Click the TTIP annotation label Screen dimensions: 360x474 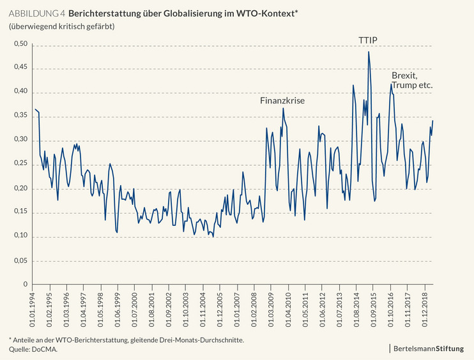pos(367,41)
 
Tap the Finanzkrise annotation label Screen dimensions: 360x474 pos(282,101)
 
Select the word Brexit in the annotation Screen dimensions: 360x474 pos(404,75)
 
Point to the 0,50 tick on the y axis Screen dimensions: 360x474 pos(21,45)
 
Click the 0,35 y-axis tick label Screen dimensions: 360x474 pos(21,116)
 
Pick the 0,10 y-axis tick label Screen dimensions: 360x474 pos(21,236)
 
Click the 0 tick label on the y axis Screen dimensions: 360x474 pos(26,284)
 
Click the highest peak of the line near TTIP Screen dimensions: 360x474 pos(369,52)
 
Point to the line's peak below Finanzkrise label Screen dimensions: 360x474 pos(283,108)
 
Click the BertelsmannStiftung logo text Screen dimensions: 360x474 pos(432,349)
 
